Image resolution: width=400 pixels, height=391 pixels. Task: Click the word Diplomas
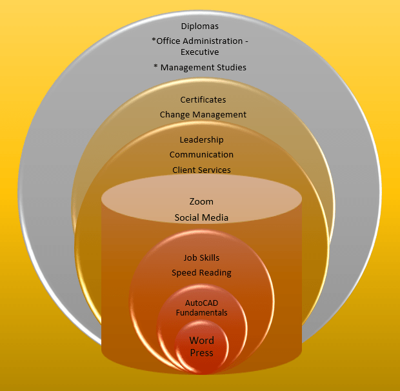point(199,26)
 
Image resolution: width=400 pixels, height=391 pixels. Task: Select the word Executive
point(199,52)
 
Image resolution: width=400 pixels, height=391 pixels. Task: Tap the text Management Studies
point(203,67)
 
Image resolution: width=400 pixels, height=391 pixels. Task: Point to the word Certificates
point(203,99)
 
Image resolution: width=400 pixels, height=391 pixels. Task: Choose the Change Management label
point(203,114)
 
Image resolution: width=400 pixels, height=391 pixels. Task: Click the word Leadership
point(201,139)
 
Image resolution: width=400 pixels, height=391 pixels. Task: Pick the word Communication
point(201,155)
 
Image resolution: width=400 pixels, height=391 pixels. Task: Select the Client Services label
point(201,170)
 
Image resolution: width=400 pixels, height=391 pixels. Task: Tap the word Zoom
point(201,202)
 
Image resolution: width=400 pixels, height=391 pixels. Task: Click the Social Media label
point(201,217)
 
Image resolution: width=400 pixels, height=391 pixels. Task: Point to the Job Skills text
point(201,258)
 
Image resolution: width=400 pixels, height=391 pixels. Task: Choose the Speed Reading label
point(201,273)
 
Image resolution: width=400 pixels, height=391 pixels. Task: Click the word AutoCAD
point(202,303)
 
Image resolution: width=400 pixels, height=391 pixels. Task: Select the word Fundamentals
point(202,313)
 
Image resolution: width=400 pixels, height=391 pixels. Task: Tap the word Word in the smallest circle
point(202,341)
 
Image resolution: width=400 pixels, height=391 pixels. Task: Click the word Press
point(201,353)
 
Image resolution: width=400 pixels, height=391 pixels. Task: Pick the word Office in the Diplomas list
point(168,41)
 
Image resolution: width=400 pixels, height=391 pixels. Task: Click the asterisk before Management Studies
point(155,66)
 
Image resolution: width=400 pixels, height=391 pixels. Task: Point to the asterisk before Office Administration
point(154,40)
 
